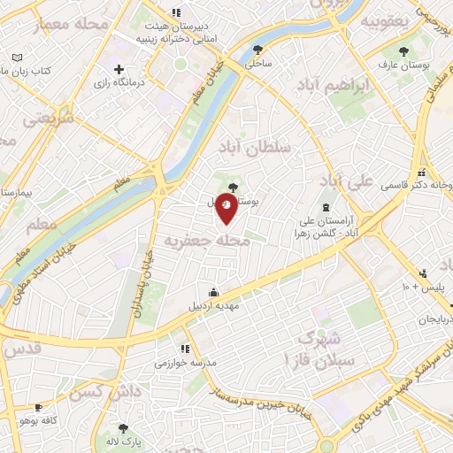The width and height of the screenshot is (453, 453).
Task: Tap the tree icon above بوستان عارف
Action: coord(404,50)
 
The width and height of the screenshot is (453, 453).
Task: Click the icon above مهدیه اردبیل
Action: coord(213,292)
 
